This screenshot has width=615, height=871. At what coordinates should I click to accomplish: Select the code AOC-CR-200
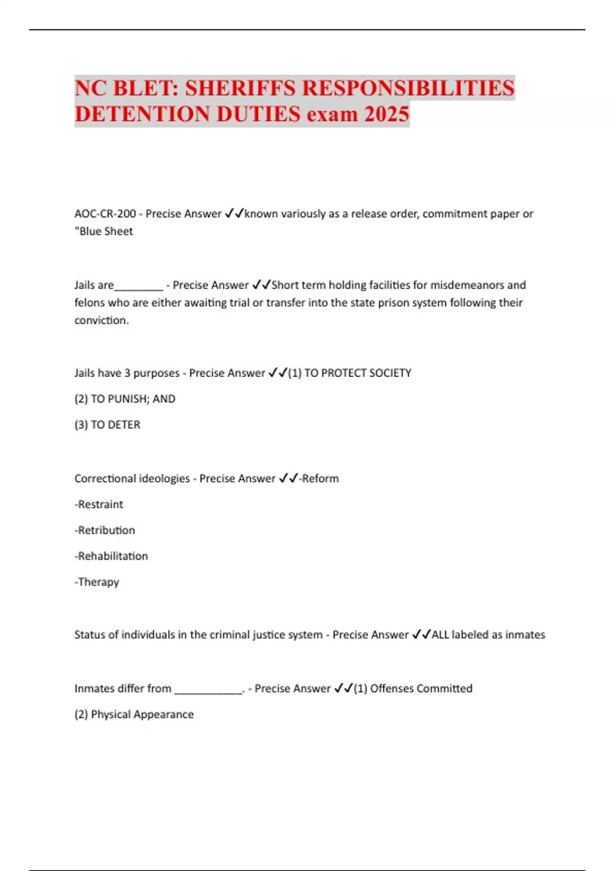(105, 214)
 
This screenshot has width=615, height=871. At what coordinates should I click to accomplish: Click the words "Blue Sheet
(104, 232)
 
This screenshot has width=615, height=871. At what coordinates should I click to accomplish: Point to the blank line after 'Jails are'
(138, 286)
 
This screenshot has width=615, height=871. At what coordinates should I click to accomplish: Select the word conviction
(101, 320)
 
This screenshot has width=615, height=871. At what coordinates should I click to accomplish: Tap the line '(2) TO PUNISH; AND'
(125, 399)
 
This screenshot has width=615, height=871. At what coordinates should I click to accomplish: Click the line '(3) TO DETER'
(107, 425)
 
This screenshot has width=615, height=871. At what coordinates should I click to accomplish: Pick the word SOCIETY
(390, 373)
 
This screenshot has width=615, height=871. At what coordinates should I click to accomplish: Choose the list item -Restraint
(99, 504)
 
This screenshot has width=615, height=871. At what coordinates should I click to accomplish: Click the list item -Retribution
(105, 530)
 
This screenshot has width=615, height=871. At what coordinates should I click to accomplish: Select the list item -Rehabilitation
(111, 556)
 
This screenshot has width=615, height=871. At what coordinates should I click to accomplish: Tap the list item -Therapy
(97, 582)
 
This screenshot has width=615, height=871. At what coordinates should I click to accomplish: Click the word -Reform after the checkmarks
(319, 479)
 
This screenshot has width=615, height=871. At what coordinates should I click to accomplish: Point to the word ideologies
(161, 479)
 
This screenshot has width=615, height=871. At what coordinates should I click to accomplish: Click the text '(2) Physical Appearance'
(134, 714)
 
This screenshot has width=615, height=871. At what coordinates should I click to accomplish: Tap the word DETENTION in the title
(142, 114)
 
